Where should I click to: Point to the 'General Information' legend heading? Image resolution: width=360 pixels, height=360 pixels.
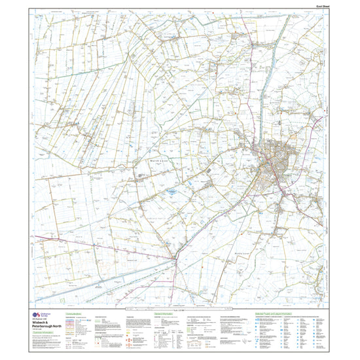tap(164, 314)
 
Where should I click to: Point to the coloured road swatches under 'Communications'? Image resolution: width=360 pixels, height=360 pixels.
tap(72, 323)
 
